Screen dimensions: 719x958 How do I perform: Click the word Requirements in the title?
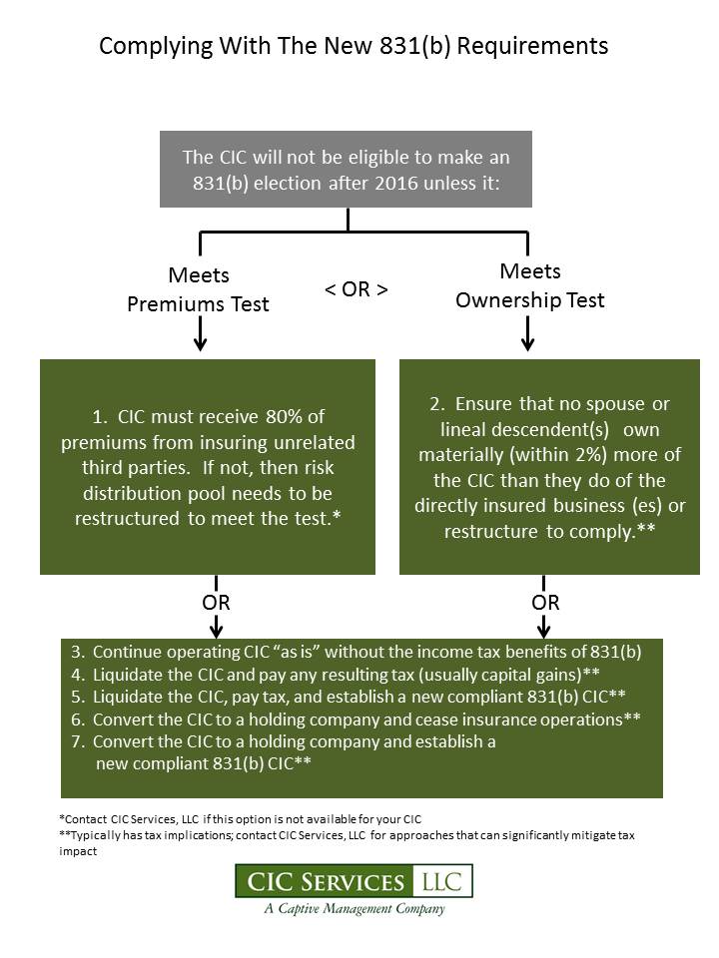(532, 47)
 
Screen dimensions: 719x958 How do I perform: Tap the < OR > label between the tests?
(357, 289)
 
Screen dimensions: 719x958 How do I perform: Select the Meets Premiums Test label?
(198, 289)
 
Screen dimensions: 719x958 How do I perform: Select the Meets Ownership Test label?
(530, 285)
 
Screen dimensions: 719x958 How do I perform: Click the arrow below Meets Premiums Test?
(200, 335)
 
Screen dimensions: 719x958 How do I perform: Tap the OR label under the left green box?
(216, 603)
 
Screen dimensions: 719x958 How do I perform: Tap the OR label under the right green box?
(545, 603)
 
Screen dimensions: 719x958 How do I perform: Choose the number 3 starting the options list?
(77, 652)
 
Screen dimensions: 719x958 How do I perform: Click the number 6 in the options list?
(77, 719)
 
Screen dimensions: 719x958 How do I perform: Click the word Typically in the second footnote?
(96, 836)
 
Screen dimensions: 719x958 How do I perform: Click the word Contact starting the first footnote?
(86, 819)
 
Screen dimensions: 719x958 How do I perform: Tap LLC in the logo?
(442, 881)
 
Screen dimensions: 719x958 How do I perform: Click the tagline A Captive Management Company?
(355, 909)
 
